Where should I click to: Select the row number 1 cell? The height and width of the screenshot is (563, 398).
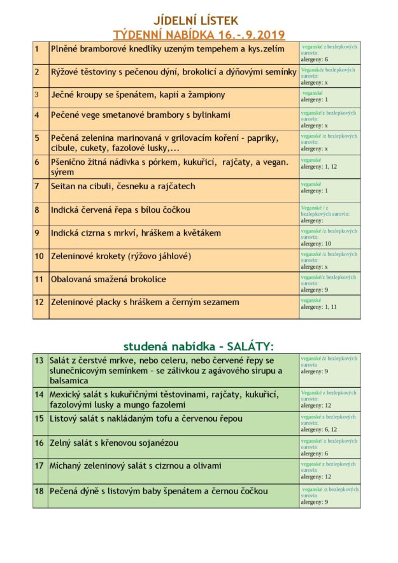click(x=37, y=48)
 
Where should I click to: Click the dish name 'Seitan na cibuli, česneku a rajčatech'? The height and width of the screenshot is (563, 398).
click(x=123, y=187)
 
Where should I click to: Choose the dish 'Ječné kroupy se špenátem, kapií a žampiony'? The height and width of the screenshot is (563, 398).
click(x=138, y=95)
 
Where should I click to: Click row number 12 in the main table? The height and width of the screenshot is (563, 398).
click(x=39, y=302)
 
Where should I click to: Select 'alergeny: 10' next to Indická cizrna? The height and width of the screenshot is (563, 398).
click(x=316, y=243)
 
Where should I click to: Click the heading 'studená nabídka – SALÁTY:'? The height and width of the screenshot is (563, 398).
click(x=198, y=346)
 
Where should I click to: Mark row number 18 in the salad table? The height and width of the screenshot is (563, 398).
click(x=39, y=491)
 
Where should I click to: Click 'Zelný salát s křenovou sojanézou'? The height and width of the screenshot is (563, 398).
click(x=114, y=443)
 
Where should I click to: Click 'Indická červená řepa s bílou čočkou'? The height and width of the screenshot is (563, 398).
click(x=120, y=210)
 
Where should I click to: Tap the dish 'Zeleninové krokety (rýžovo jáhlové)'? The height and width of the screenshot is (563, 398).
click(x=121, y=256)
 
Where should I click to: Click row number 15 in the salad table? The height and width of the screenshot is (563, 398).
click(x=39, y=418)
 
